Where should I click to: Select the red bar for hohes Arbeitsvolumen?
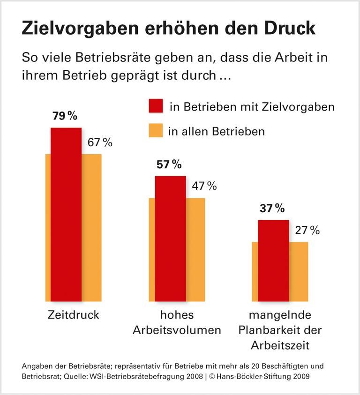coord(170,238)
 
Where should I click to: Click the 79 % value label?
coord(65,116)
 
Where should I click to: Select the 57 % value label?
coord(168,164)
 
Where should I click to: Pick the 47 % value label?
coord(204,186)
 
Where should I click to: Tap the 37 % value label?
coord(272,209)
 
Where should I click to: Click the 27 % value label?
coord(307,230)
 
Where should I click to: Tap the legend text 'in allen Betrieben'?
coord(217,132)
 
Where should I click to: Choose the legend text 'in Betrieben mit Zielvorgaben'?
coord(252,107)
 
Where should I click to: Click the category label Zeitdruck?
coord(74,314)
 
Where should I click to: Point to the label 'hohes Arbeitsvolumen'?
coord(177,322)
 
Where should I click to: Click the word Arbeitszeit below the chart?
coord(280,345)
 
